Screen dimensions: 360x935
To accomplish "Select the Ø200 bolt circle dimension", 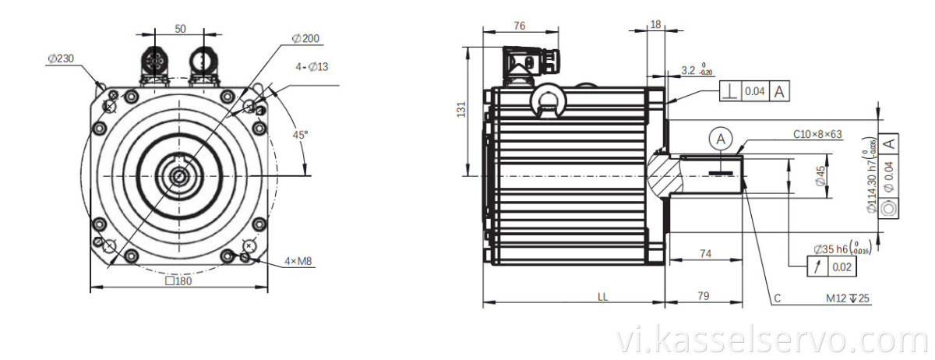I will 305,38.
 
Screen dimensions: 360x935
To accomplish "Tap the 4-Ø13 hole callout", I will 312,67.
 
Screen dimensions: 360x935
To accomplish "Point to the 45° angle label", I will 300,134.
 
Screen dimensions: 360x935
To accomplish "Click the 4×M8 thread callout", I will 298,262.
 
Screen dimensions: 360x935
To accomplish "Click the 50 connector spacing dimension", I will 180,28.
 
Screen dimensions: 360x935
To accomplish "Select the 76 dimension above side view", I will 520,26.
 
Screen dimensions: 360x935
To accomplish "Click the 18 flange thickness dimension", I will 655,25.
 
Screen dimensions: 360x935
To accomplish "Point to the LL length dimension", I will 603,296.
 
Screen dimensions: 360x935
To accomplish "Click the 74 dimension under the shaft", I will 705,254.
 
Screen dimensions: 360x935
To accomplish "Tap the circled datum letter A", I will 722,139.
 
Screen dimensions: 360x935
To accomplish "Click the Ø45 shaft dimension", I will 820,176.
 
